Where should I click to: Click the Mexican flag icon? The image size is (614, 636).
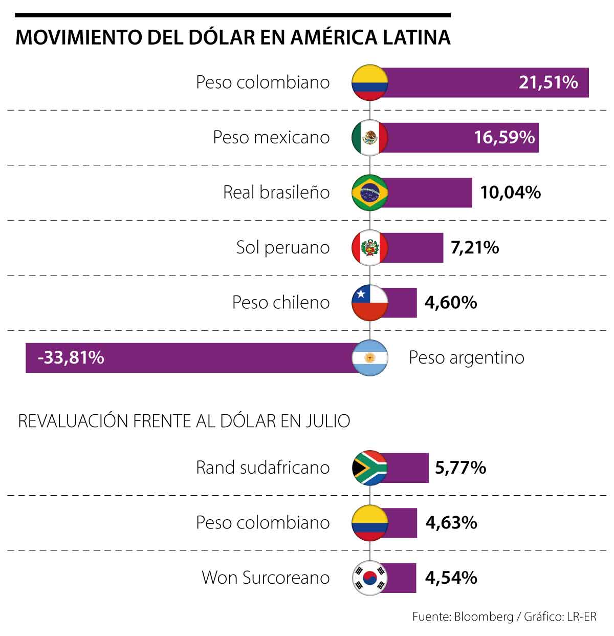pos(370,137)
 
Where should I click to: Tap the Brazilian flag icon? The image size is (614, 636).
pos(370,193)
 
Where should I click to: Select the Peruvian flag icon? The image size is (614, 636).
pos(370,248)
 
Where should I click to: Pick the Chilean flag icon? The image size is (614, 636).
pos(370,303)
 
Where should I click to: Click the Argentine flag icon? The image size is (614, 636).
pos(370,358)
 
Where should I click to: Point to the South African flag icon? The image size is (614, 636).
pos(370,468)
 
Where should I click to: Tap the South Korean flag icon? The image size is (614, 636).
pos(370,578)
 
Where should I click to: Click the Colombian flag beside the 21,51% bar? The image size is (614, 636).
pos(370,82)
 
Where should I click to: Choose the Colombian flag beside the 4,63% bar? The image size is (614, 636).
pos(370,523)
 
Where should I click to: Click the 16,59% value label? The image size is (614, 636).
pos(504,137)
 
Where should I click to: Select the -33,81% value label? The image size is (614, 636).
pos(71,357)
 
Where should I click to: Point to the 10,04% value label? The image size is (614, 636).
pos(510,193)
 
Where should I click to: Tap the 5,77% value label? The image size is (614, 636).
pos(460,468)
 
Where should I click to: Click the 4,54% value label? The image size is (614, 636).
pos(451,578)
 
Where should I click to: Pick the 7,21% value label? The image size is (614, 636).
pos(474,248)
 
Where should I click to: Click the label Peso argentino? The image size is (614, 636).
pos(466,357)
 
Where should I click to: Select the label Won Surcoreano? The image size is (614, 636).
pos(266,578)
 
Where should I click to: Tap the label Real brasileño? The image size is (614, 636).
pos(276,193)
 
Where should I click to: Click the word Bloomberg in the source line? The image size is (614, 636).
pos(483,617)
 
